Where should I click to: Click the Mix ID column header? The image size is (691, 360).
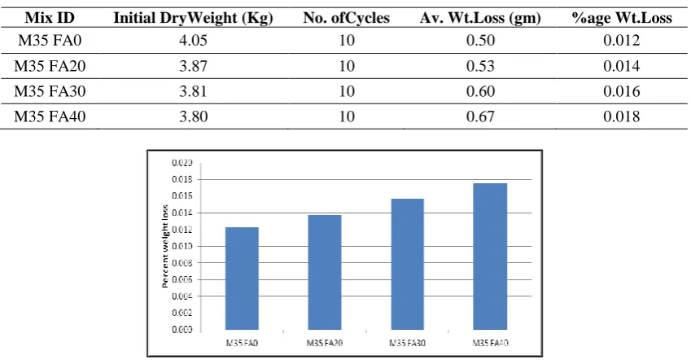50,18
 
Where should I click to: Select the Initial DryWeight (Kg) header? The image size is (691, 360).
193,18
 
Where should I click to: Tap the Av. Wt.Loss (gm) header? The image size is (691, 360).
480,18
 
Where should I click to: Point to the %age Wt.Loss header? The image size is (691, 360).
621,18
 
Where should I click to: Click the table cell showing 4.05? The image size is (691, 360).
193,41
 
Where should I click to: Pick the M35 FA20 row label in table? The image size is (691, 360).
50,66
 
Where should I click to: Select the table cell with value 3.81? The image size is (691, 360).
193,91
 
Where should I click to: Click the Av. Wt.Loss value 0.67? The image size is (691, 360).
480,116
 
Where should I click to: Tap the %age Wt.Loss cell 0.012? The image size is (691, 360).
621,41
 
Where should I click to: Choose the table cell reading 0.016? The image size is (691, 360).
621,91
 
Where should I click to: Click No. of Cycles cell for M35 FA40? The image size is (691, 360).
347,116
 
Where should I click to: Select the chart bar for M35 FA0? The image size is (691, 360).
242,279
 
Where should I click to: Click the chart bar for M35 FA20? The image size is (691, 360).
325,272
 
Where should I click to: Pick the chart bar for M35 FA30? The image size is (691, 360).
407,264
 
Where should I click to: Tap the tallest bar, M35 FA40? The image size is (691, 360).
490,257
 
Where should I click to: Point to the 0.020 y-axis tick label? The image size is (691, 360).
182,163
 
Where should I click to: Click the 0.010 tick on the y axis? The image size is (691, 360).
182,246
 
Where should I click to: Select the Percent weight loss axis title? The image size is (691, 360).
165,246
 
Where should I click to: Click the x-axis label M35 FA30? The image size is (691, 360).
407,343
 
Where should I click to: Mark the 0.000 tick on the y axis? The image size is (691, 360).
182,330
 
